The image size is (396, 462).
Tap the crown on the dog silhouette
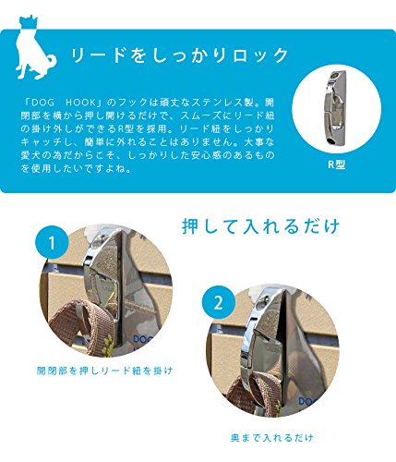29,21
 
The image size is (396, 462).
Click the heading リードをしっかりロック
179,55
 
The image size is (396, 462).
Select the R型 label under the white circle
336,164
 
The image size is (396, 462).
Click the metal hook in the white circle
335,108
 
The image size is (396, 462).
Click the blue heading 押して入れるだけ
261,226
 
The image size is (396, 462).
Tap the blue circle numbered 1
52,243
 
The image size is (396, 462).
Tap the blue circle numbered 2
218,302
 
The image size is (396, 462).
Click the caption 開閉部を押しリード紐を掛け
104,371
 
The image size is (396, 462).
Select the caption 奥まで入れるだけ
272,438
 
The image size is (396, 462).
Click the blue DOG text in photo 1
143,340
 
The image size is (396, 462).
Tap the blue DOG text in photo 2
307,401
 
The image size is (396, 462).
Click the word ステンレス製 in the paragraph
222,103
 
